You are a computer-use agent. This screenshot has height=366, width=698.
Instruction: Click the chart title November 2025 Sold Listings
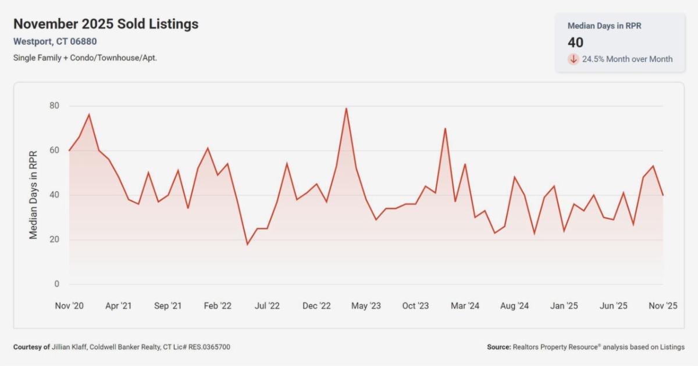click(x=106, y=24)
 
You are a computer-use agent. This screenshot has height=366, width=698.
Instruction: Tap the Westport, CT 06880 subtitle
click(x=55, y=41)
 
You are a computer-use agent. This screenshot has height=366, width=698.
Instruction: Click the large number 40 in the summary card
click(x=575, y=42)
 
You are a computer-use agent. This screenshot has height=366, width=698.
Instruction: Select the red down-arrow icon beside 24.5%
click(x=574, y=59)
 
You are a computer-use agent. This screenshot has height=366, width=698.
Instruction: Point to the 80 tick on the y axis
click(x=55, y=106)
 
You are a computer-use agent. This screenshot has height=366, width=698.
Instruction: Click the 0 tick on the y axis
click(x=57, y=284)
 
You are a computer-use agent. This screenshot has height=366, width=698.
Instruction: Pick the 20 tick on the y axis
click(x=55, y=239)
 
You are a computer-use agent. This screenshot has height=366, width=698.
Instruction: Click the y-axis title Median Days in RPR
click(x=34, y=195)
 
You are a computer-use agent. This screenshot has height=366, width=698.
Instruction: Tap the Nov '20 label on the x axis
click(x=69, y=306)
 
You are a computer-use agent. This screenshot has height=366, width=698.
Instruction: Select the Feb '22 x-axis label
click(x=218, y=306)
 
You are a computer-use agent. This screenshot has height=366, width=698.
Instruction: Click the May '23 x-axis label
click(x=366, y=306)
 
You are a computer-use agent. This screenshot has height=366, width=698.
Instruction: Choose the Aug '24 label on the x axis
click(x=515, y=306)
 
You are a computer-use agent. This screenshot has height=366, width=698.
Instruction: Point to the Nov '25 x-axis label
click(x=663, y=306)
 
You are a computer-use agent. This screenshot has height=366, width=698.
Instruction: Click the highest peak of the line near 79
click(x=346, y=108)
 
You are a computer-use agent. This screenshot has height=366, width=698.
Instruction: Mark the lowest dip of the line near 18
click(x=247, y=244)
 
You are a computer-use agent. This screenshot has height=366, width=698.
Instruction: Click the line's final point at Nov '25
click(x=663, y=195)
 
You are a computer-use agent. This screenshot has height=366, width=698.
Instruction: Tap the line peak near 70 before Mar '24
click(x=445, y=128)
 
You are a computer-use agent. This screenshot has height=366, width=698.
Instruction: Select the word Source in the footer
click(x=498, y=347)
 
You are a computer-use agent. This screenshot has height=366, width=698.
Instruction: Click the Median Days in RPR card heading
click(x=604, y=26)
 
